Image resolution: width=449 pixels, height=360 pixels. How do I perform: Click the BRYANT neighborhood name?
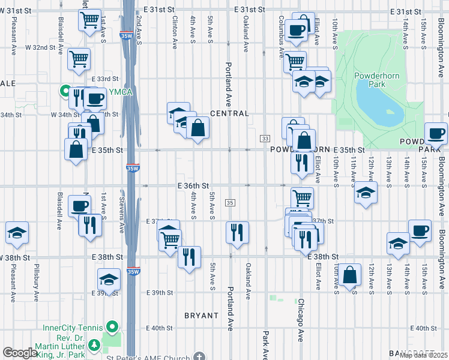point(201,315)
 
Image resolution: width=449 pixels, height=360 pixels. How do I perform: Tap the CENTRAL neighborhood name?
point(229,113)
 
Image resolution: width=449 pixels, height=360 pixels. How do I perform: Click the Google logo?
point(19,353)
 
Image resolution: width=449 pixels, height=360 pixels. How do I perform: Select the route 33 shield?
point(265,139)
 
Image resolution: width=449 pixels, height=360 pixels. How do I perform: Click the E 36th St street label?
point(193,186)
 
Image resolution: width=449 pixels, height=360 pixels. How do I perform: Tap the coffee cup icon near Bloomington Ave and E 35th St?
point(436,133)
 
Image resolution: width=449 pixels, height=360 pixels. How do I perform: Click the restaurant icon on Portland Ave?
point(237,230)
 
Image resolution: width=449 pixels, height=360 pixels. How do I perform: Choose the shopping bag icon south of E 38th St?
point(349,274)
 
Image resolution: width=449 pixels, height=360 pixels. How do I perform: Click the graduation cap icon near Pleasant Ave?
point(17,232)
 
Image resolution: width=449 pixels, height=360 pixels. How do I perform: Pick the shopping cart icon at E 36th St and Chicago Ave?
point(302,197)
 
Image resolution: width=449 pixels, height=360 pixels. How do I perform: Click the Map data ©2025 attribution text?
point(424,355)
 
